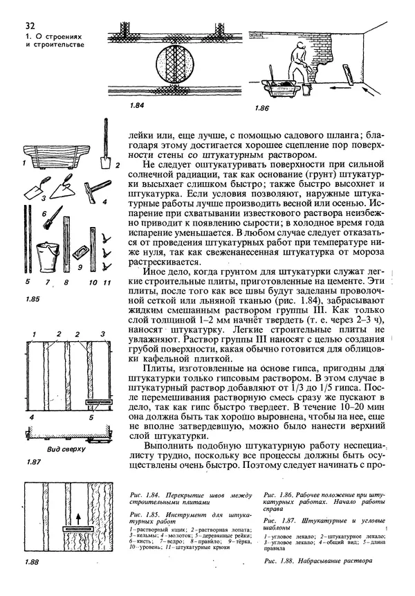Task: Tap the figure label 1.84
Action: pyautogui.click(x=136, y=107)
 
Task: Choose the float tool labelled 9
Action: pyautogui.click(x=82, y=251)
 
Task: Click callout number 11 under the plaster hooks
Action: pyautogui.click(x=107, y=282)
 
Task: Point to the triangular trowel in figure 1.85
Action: pyautogui.click(x=36, y=192)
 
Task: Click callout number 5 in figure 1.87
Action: pyautogui.click(x=91, y=417)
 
